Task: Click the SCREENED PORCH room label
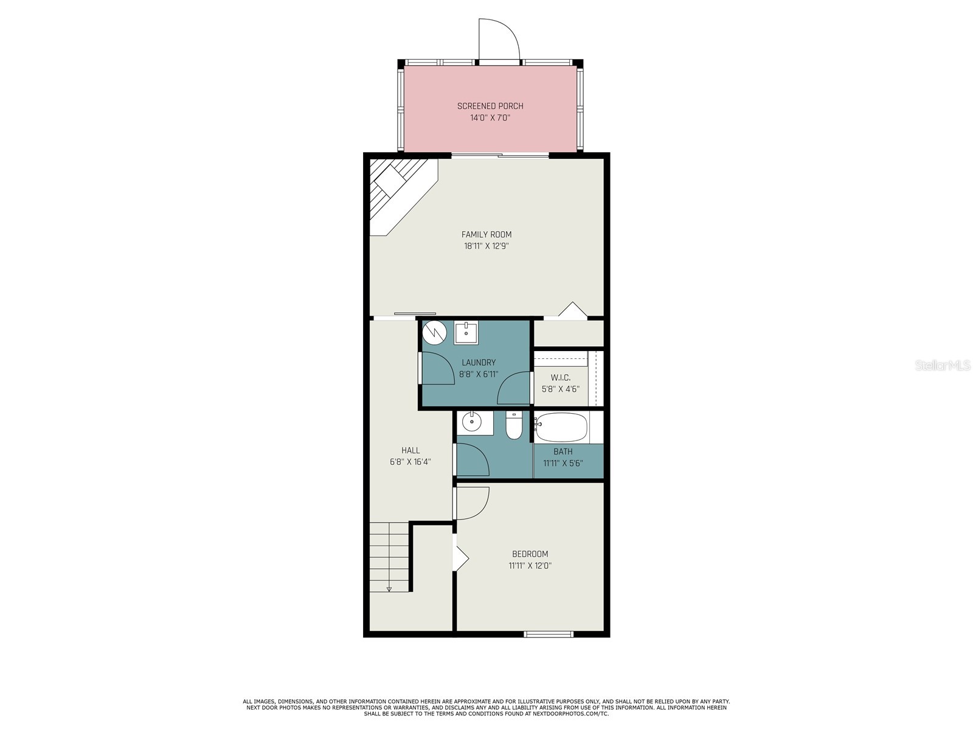point(490,106)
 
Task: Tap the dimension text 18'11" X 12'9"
point(486,246)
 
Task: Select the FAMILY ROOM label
point(486,234)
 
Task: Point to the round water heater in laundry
point(435,332)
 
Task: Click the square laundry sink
point(466,333)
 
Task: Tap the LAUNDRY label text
point(479,363)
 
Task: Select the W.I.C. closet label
point(560,378)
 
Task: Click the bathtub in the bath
point(561,428)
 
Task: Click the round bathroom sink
point(471,421)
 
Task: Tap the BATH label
point(563,451)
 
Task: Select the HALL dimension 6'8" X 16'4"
point(410,462)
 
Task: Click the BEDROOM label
point(530,554)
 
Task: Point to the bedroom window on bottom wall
point(549,634)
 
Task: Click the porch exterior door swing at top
point(499,40)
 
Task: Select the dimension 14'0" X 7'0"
point(490,118)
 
